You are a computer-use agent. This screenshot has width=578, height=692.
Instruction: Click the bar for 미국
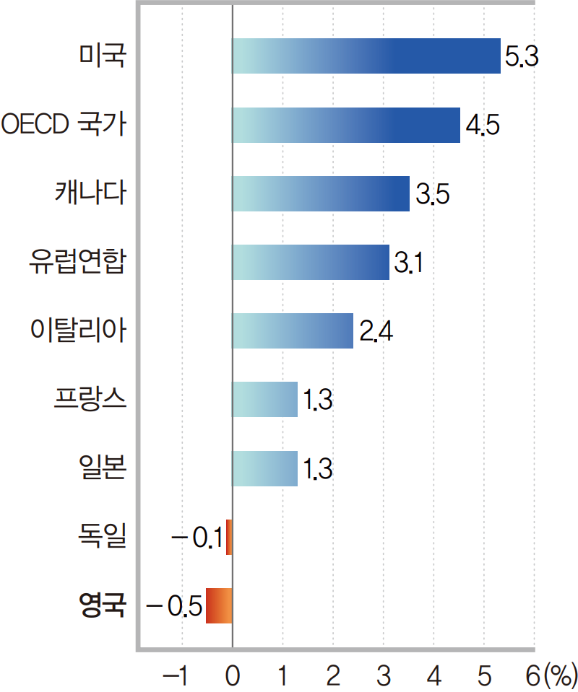pyautogui.click(x=366, y=56)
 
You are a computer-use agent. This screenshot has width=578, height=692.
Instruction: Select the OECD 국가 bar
pyautogui.click(x=346, y=125)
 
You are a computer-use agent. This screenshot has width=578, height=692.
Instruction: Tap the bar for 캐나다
pyautogui.click(x=321, y=193)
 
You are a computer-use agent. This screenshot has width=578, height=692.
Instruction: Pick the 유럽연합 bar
pyautogui.click(x=311, y=262)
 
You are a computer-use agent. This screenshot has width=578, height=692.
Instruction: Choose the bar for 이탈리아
pyautogui.click(x=293, y=330)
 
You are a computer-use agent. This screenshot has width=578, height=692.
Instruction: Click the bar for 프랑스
pyautogui.click(x=264, y=399)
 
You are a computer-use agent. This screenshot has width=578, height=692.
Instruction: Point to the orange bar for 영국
pyautogui.click(x=220, y=605)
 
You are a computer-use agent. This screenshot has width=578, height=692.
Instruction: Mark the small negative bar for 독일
pyautogui.click(x=229, y=537)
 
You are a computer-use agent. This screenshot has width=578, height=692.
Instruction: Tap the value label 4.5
pyautogui.click(x=481, y=126)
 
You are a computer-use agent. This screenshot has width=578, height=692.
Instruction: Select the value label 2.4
pyautogui.click(x=375, y=332)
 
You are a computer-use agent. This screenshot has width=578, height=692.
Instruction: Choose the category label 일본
pyautogui.click(x=103, y=468)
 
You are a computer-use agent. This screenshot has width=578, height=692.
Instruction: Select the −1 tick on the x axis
pyautogui.click(x=176, y=676)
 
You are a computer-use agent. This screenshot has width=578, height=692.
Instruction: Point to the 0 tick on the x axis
pyautogui.click(x=233, y=676)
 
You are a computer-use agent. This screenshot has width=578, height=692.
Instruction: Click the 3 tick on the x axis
pyautogui.click(x=384, y=676)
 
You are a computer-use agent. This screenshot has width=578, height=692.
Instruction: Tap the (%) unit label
pyautogui.click(x=561, y=676)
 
